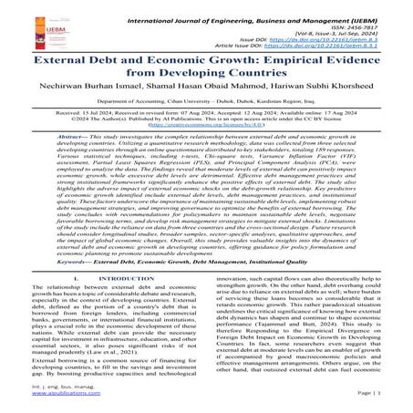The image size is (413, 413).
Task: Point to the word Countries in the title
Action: point(273,81)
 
